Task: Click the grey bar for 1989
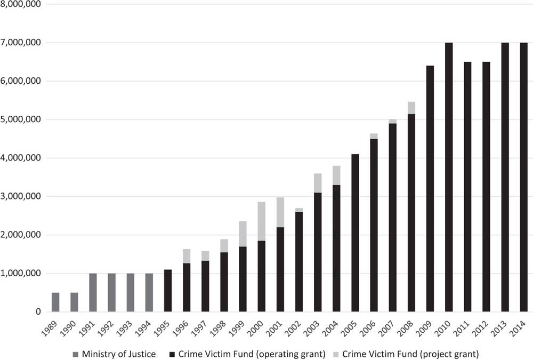click(x=55, y=302)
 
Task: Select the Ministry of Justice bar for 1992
click(x=111, y=292)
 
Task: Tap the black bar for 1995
click(x=168, y=291)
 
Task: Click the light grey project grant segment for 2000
click(x=262, y=221)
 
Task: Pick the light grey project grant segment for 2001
click(x=280, y=212)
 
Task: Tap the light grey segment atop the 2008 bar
click(x=411, y=108)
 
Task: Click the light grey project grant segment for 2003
click(x=318, y=183)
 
